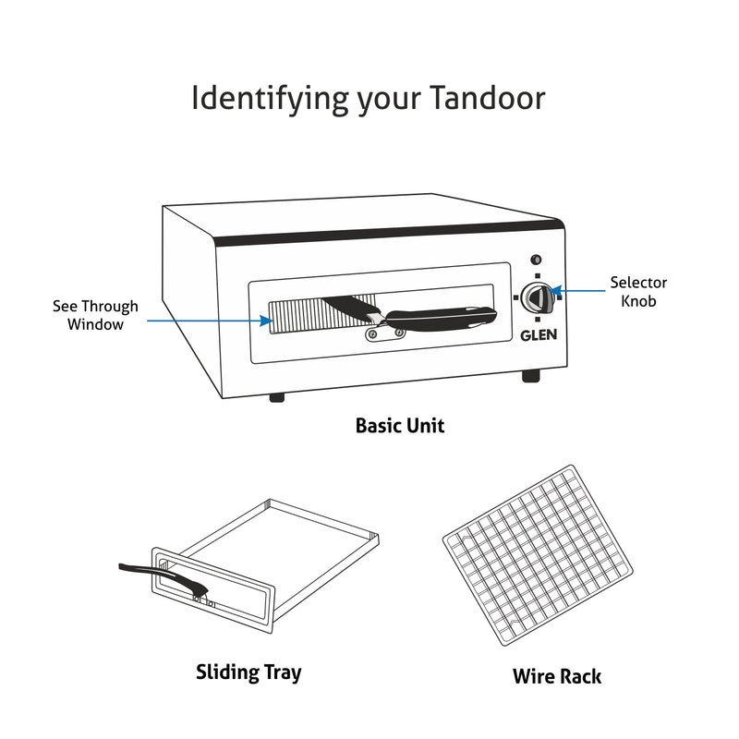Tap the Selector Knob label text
638,292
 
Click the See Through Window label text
95,315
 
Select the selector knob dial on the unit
536,298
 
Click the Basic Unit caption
400,426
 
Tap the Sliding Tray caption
248,672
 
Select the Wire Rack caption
556,676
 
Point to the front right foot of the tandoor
530,376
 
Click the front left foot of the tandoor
275,397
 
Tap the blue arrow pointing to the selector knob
581,291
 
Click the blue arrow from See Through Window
208,321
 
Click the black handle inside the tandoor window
434,319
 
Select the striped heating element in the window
296,317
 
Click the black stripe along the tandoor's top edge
388,233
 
